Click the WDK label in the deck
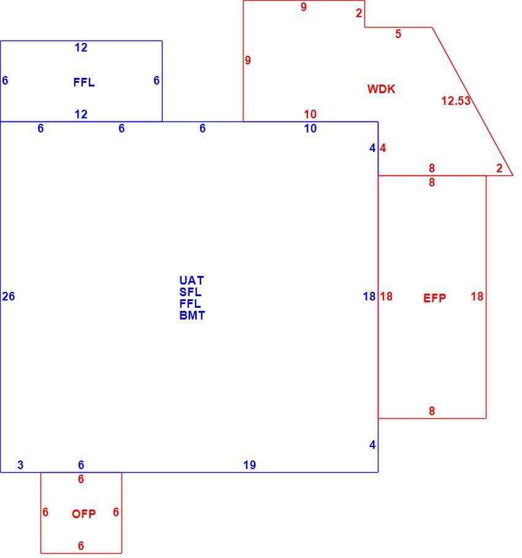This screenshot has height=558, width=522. (x=381, y=89)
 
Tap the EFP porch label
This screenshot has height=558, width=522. (x=434, y=298)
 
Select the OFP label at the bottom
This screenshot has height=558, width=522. (x=83, y=514)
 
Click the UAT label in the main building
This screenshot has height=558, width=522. (x=191, y=280)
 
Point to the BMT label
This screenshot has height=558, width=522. (x=192, y=315)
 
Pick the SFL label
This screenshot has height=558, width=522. (x=190, y=292)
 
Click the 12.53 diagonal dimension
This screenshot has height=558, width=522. (x=456, y=101)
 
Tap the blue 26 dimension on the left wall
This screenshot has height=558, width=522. (x=9, y=296)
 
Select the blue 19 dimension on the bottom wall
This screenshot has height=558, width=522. (x=250, y=465)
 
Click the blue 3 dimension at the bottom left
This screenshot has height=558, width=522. (x=20, y=465)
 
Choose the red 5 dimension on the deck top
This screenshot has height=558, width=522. (x=398, y=34)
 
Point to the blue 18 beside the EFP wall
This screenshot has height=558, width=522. (x=369, y=296)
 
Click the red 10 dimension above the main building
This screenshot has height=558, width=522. (x=310, y=114)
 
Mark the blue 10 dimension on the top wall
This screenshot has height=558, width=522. (x=310, y=128)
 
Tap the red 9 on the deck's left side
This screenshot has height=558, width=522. (x=248, y=60)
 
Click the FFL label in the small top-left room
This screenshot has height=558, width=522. (x=84, y=83)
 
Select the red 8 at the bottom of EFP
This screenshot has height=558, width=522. (x=432, y=411)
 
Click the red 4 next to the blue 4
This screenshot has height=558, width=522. (x=383, y=148)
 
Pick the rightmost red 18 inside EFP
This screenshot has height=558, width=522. (x=477, y=296)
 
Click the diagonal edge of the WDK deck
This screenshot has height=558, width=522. (x=472, y=101)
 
